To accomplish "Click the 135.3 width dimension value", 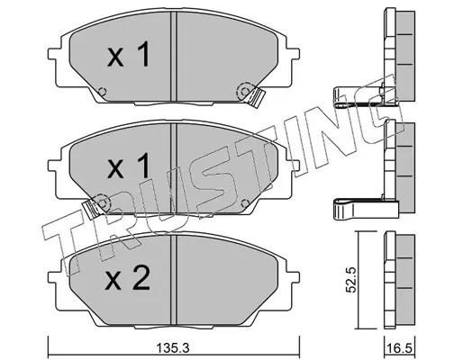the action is (173, 348).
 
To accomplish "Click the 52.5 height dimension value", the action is (350, 280).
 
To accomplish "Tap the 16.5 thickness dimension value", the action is (400, 349).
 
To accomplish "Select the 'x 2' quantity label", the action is (128, 279).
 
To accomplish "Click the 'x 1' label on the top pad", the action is (128, 54).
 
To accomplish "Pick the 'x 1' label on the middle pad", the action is (128, 166).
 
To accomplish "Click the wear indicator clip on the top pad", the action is (256, 98).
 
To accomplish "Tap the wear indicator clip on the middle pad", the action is (91, 209).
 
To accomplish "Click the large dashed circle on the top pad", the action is (244, 91).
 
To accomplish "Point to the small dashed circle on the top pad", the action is (102, 91).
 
